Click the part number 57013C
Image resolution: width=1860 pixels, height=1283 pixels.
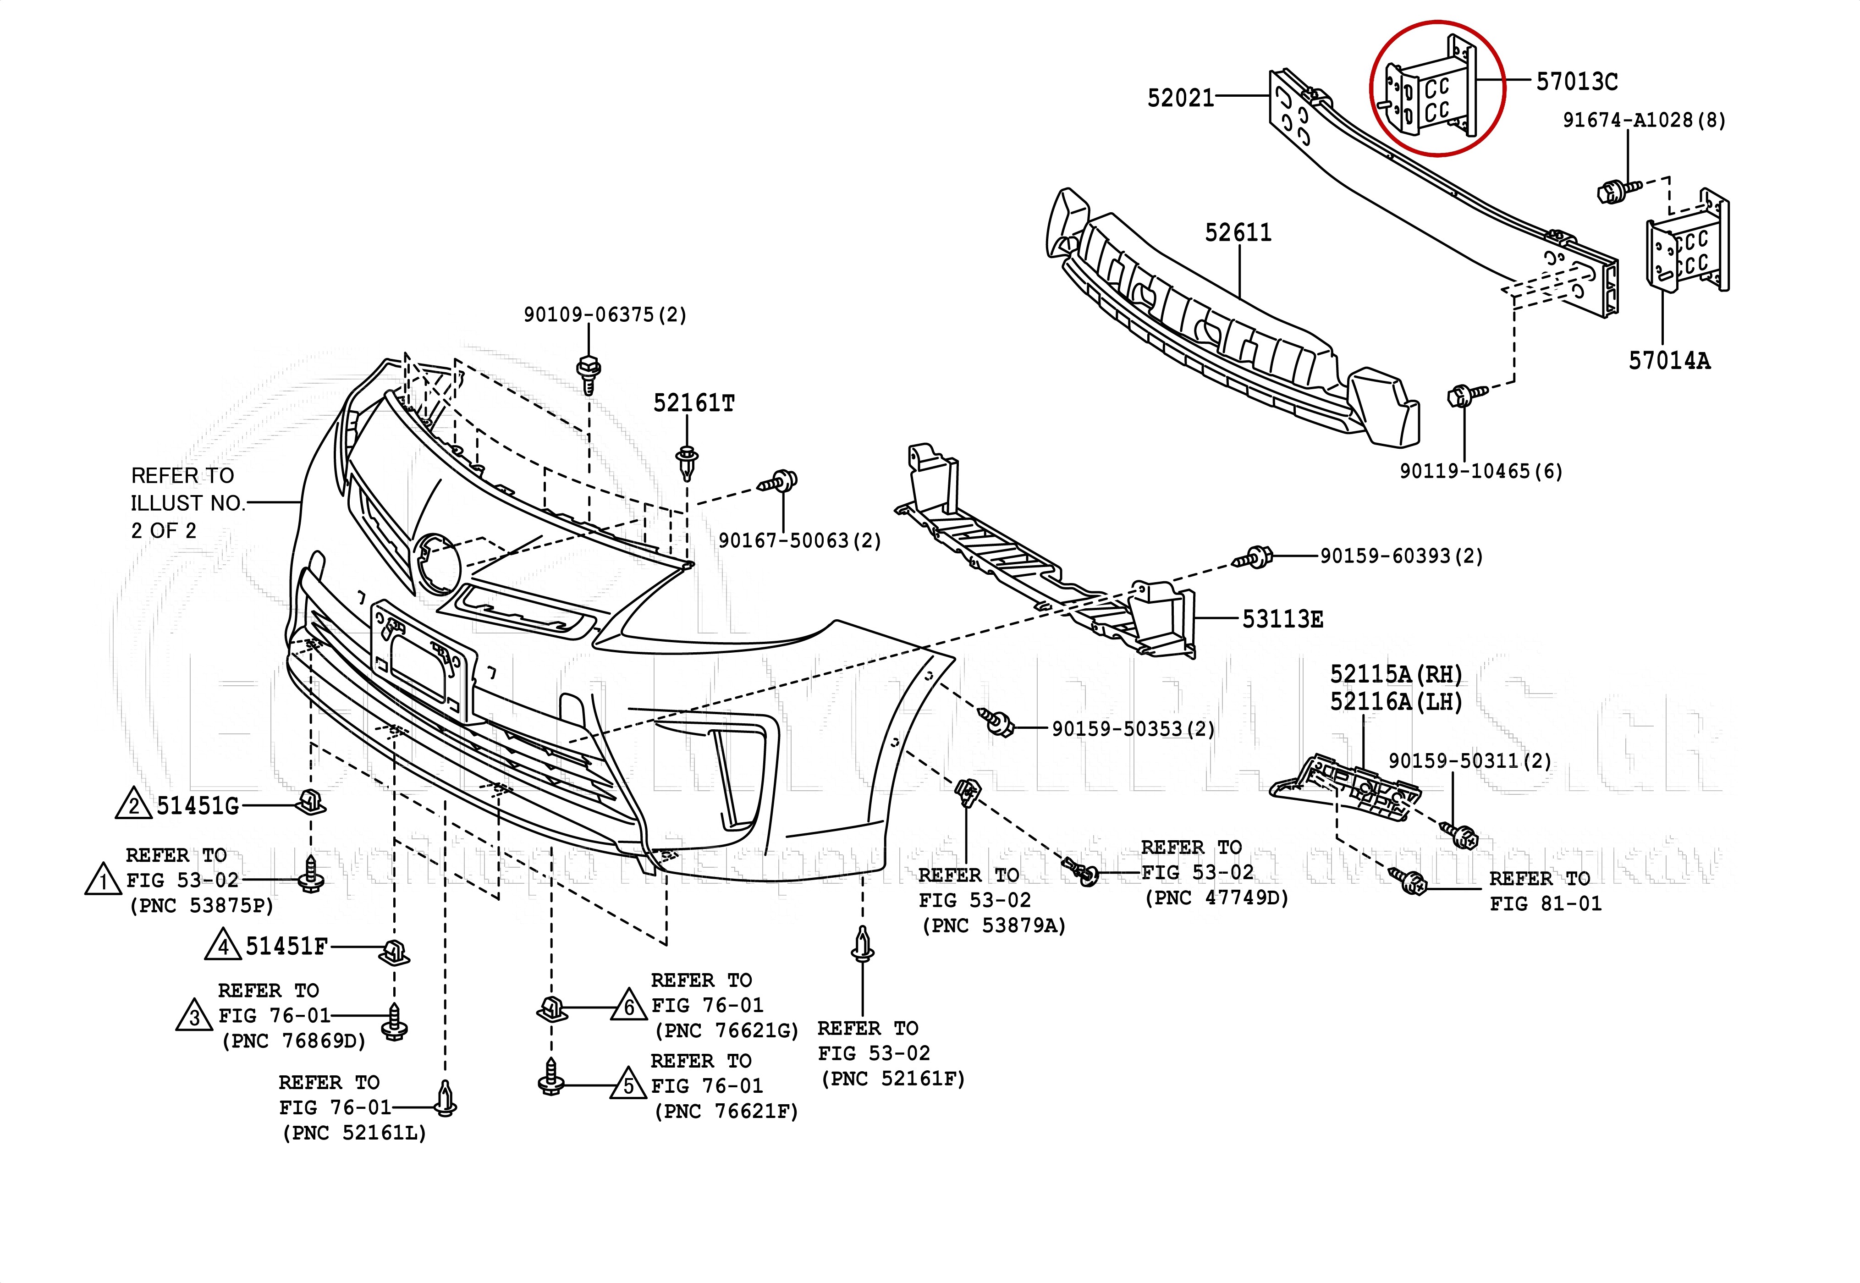click(1576, 81)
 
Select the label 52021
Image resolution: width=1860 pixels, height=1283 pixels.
click(1180, 98)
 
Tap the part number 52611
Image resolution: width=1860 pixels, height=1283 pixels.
click(1238, 233)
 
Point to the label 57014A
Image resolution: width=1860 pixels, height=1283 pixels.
click(1669, 361)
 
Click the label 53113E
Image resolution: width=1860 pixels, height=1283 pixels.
click(1282, 619)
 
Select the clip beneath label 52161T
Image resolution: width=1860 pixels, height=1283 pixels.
click(687, 463)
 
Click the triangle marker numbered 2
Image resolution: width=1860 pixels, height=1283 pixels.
click(133, 805)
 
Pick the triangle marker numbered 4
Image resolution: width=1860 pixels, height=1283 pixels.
click(223, 946)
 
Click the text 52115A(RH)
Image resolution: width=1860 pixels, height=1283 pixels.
click(1395, 674)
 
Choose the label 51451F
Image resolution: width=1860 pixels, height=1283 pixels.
click(286, 946)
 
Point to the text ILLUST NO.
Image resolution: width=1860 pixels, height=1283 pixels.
click(187, 503)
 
